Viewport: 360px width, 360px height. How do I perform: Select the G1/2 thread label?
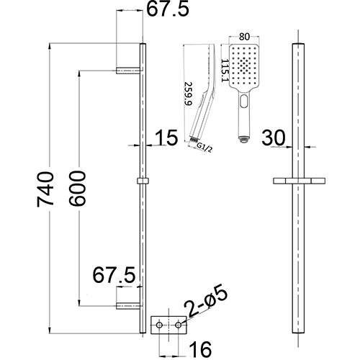[x=207, y=146]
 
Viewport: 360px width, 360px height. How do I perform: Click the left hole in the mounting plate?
[x=161, y=326]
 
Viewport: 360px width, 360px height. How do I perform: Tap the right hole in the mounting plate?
[x=177, y=326]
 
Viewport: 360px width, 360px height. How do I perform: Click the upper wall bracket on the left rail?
[x=130, y=71]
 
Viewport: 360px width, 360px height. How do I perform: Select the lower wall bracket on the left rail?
[x=130, y=307]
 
